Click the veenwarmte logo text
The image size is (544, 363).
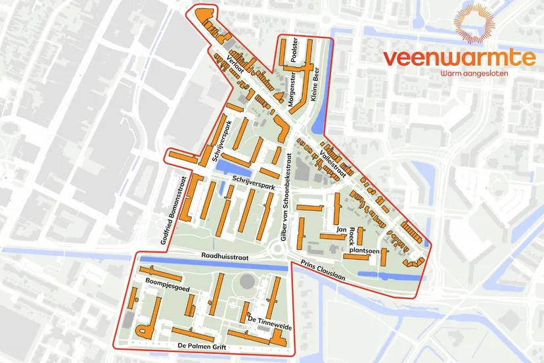tap(459, 58)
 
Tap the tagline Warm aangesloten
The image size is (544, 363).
tap(468, 74)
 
